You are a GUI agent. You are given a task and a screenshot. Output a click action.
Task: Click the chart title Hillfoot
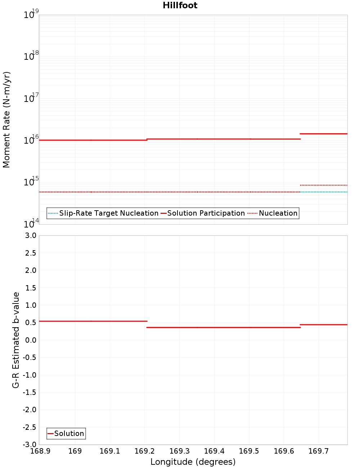(x=180, y=5)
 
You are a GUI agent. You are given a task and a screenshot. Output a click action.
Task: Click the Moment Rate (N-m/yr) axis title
(x=6, y=120)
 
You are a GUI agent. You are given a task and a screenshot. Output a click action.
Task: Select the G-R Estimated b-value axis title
(x=16, y=340)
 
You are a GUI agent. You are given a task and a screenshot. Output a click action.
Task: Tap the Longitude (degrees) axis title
(x=193, y=462)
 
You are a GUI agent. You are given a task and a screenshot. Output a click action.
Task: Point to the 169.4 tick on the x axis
(x=214, y=451)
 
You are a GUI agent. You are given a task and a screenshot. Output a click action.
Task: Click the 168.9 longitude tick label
(x=40, y=451)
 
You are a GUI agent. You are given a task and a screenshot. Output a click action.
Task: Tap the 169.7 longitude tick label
(x=319, y=451)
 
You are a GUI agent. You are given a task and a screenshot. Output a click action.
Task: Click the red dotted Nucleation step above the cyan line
(x=324, y=185)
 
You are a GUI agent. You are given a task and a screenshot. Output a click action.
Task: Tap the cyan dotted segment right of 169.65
(x=324, y=192)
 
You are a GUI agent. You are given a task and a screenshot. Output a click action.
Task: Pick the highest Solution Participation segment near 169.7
(x=324, y=134)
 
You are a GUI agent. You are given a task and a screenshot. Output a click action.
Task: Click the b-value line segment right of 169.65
(x=324, y=325)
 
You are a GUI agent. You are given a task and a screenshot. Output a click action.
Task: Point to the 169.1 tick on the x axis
(x=109, y=451)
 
